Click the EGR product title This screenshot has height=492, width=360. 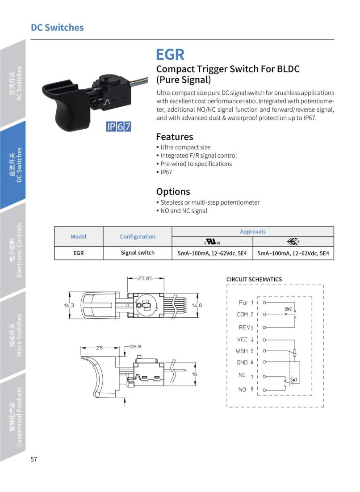click(170, 55)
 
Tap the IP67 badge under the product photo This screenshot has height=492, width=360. click(119, 126)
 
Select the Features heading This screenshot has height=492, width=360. click(174, 137)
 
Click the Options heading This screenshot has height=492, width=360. click(173, 192)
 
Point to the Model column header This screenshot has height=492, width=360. click(79, 236)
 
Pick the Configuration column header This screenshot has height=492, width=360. click(138, 236)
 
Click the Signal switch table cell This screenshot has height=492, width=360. click(138, 252)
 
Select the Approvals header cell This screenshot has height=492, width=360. click(253, 231)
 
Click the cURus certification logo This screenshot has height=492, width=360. click(212, 242)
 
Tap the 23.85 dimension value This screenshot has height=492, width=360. click(145, 278)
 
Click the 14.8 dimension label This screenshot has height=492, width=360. click(197, 306)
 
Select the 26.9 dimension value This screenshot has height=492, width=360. click(135, 346)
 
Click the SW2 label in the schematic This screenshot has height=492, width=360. click(288, 309)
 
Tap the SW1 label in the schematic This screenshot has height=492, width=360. click(293, 380)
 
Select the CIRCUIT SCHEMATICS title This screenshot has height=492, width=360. click(254, 279)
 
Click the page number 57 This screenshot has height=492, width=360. click(34, 460)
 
